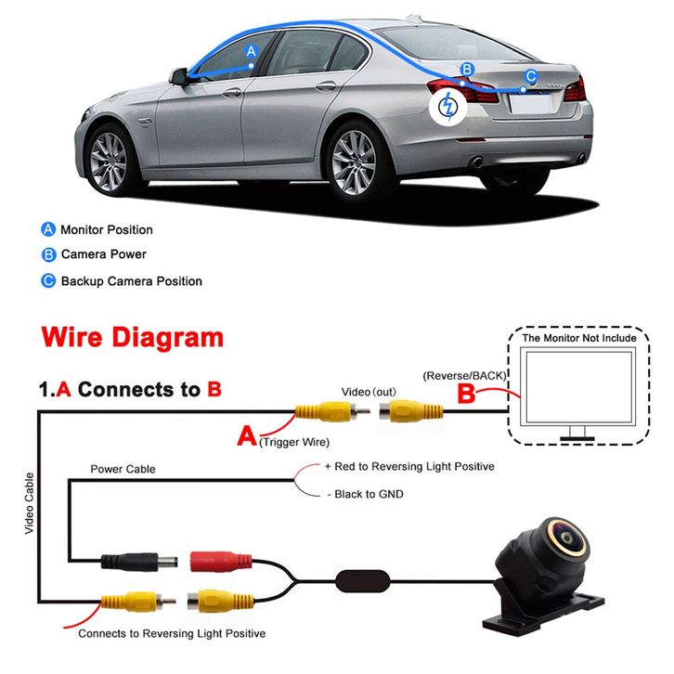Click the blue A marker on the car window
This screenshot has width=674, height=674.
[x=251, y=51]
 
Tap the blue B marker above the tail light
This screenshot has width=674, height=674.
[x=467, y=70]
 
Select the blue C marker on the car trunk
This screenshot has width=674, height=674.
[x=531, y=76]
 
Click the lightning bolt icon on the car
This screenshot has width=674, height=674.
[x=447, y=106]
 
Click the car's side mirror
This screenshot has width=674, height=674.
[x=179, y=76]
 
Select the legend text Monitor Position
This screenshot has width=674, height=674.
[x=107, y=229]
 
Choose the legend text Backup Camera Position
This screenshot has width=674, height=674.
[x=132, y=281]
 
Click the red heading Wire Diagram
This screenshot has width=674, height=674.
[x=133, y=337]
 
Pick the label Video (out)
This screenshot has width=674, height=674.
[x=369, y=392]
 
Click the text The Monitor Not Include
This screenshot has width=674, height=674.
[x=579, y=338]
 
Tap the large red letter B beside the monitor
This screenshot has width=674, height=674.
[x=466, y=393]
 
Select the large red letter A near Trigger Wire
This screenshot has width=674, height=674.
[x=247, y=435]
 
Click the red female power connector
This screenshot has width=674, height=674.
[x=221, y=563]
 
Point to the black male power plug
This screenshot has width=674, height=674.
[x=139, y=562]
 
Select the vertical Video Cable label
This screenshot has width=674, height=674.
[x=29, y=503]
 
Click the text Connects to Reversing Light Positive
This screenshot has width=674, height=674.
[x=172, y=633]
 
